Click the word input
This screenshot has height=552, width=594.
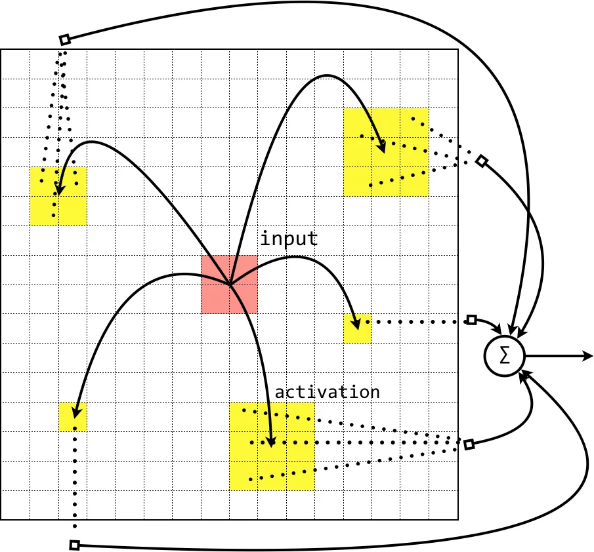point(289,239)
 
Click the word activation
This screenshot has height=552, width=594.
point(327,392)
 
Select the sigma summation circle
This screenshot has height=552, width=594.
point(504,356)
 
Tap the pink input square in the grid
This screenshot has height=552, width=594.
point(229,284)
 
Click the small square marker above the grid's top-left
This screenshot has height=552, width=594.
point(64,40)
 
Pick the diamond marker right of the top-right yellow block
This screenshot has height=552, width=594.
point(482,161)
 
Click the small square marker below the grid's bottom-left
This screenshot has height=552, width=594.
point(74,545)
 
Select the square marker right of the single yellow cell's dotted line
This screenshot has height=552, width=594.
point(471,320)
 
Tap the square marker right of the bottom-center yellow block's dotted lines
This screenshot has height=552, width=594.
point(469,444)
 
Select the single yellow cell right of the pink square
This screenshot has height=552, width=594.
point(357,328)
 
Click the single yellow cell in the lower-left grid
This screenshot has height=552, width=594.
point(73,416)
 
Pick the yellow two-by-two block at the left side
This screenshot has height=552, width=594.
point(58,196)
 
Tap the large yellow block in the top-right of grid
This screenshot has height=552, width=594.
point(386,152)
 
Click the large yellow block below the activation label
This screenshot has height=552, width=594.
point(272,447)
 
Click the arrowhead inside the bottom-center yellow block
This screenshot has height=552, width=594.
point(271,443)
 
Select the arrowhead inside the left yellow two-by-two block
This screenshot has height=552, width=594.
point(59,191)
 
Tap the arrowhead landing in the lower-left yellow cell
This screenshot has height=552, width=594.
point(75,413)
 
